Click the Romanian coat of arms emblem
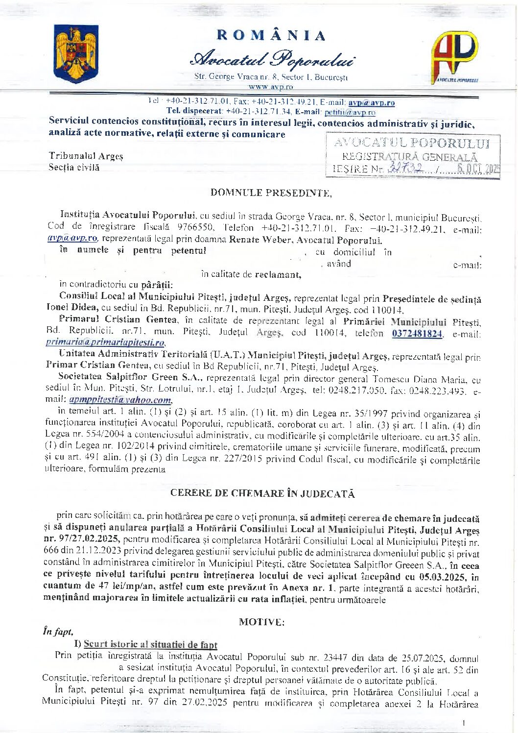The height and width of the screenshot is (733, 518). tap(76, 54)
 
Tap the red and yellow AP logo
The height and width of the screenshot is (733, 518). tap(454, 56)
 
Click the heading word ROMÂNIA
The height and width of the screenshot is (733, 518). tap(271, 35)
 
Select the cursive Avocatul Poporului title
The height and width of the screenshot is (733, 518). tap(273, 60)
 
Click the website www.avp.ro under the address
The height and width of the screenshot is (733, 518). tap(271, 87)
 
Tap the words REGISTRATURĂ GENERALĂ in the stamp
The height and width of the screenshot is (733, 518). tap(409, 157)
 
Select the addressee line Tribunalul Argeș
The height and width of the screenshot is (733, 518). tap(86, 156)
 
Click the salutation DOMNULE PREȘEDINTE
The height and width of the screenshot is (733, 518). tap(271, 193)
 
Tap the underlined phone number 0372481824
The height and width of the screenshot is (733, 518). tap(417, 334)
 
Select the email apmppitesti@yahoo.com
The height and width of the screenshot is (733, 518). tap(120, 399)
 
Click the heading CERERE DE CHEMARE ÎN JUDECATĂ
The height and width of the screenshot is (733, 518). tap(262, 493)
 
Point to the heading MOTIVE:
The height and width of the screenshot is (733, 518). tap(261, 622)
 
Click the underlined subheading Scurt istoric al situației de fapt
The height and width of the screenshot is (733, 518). tap(150, 644)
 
